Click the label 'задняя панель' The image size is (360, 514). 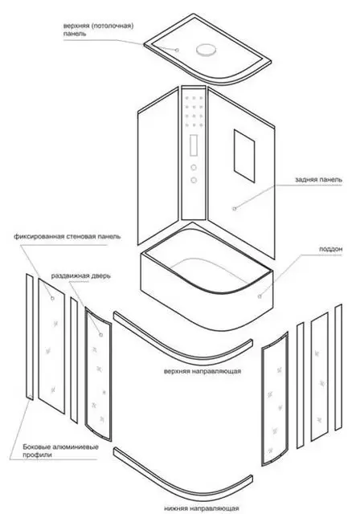click(318, 180)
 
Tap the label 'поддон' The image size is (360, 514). click(331, 249)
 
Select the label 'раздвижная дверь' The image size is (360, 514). click(80, 275)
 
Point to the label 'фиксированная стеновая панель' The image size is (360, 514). click(67, 236)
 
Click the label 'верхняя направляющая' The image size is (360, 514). click(202, 371)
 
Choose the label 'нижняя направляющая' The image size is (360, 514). click(202, 508)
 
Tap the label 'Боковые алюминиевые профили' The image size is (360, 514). click(60, 451)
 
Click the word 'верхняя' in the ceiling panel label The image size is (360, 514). click(76, 27)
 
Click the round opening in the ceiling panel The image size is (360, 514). click(206, 50)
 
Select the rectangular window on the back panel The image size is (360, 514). click(244, 156)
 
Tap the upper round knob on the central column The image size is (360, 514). click(194, 168)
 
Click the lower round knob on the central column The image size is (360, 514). click(194, 180)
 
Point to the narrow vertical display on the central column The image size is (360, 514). click(194, 145)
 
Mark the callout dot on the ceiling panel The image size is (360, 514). click(177, 50)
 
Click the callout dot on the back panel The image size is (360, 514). click(234, 209)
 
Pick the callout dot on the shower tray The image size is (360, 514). click(260, 296)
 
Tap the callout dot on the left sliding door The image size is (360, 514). click(101, 335)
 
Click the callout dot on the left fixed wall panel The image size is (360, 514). click(52, 298)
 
